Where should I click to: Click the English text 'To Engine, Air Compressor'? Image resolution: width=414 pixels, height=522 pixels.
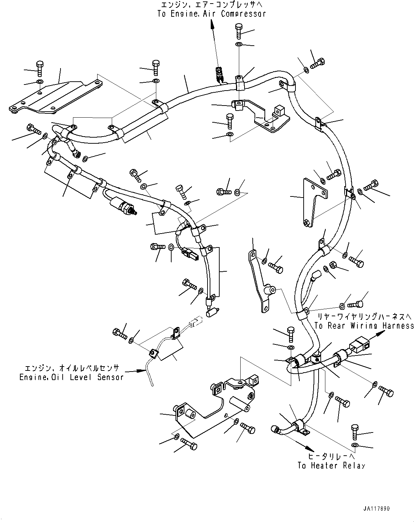pyautogui.click(x=211, y=14)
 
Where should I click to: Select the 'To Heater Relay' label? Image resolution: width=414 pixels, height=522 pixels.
pyautogui.click(x=331, y=465)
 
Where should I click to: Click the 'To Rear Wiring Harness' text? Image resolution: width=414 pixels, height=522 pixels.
pyautogui.click(x=364, y=326)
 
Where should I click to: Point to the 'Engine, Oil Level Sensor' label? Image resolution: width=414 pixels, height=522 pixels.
pyautogui.click(x=71, y=377)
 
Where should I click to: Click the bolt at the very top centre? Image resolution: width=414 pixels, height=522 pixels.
pyautogui.click(x=239, y=30)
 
